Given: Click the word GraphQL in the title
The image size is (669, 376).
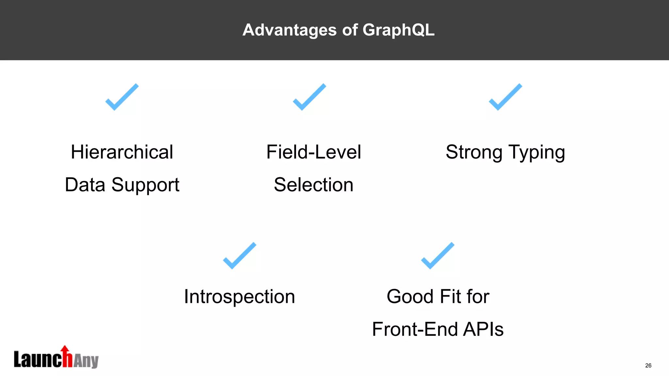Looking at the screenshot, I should pos(398,30).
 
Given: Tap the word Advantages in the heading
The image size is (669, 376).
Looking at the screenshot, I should pos(289,30).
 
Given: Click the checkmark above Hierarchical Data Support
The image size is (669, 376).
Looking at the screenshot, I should pos(122,97).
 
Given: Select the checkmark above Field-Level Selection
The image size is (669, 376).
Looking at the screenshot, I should pos(309,97).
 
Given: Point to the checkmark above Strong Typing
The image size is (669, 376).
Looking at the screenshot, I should pos(505,97).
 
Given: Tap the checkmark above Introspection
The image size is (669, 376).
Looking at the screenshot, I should pos(239,256).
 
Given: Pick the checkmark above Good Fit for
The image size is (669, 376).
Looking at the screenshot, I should pos(438,256).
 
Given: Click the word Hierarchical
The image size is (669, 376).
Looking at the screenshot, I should pos(122,152).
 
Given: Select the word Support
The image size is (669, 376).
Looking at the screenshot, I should pos(145,185).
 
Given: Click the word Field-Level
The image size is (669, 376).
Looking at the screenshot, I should pos(314,152).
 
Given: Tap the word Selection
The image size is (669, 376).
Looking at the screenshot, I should pos(314,185).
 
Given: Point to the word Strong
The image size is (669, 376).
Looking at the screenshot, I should pos(474,152).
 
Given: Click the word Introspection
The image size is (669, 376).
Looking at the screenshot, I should pos(239,297).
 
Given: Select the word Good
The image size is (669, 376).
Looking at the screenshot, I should pos(410,297).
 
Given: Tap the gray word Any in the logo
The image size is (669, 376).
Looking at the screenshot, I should pos(86,361).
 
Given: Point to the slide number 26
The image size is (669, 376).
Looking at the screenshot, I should pos(648,366).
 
